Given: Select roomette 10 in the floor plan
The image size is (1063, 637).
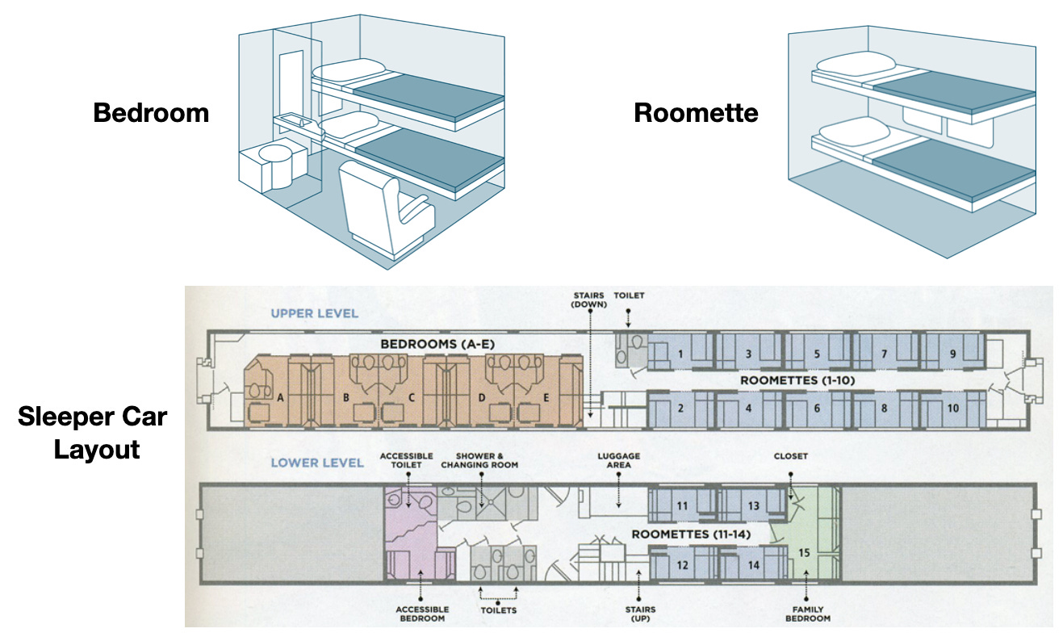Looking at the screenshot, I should [x=952, y=409].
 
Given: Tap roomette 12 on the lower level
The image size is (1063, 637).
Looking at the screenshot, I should [x=682, y=565].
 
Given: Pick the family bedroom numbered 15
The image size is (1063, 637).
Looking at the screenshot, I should [x=804, y=553].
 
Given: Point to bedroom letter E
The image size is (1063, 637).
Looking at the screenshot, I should [x=546, y=397].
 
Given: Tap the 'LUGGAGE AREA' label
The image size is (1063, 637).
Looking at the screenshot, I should [x=618, y=461].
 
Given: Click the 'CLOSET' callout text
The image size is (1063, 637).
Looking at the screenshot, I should [x=791, y=456].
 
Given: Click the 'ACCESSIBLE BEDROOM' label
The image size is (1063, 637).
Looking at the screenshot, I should [x=422, y=614].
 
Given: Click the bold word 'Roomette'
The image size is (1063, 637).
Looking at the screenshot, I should [x=696, y=113].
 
